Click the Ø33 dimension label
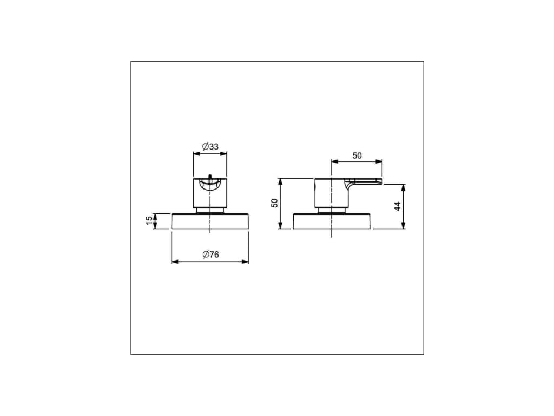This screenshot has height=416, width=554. pos(210,146)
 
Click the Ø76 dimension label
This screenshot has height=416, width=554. pos(210,255)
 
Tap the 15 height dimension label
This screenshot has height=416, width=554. pos(149,220)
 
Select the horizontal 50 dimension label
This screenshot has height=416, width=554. pos(357,155)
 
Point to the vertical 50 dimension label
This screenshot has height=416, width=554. pos(274,203)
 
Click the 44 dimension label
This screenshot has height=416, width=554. pos(398,206)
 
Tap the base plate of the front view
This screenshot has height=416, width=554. pos(210,222)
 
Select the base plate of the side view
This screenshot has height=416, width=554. pos(332,222)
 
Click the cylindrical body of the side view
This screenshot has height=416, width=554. pos(331,193)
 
